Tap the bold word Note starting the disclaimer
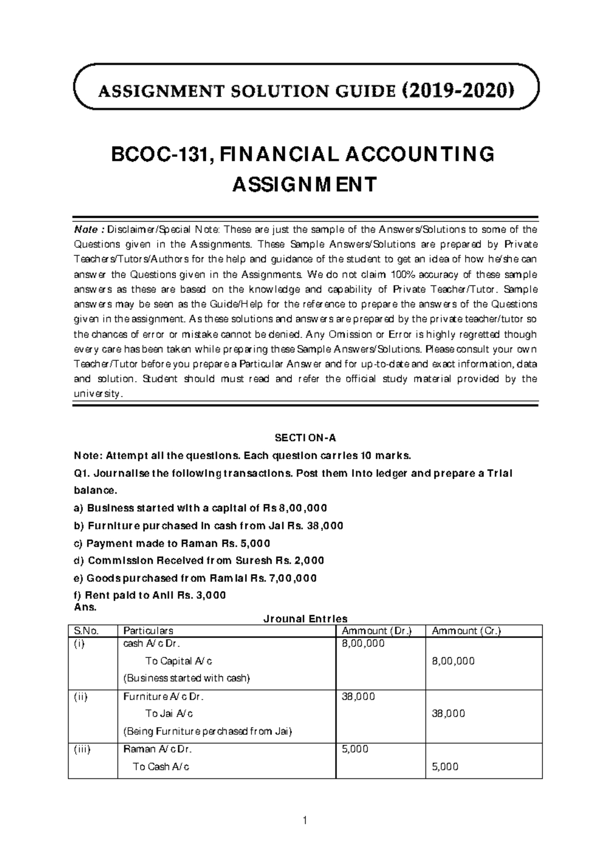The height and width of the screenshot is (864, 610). [83, 229]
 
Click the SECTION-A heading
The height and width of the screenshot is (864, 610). [306, 438]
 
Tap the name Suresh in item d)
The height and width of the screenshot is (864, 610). [253, 560]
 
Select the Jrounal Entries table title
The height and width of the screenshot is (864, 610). [305, 619]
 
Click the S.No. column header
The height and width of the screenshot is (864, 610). [85, 631]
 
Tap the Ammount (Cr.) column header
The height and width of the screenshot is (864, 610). [466, 631]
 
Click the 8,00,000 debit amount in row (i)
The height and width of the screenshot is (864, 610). [363, 644]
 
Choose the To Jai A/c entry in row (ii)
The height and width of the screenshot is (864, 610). [169, 713]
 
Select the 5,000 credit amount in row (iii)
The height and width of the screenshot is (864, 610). [445, 766]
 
